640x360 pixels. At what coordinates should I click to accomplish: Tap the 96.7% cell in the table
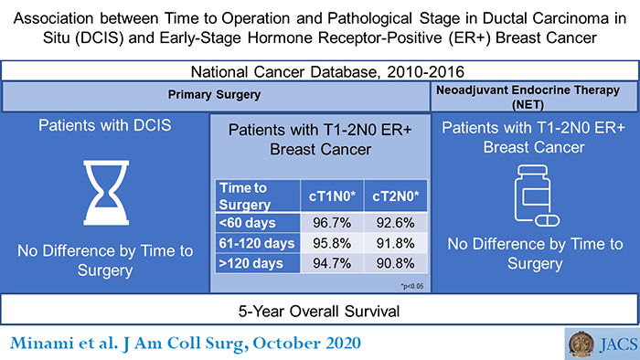point(327,223)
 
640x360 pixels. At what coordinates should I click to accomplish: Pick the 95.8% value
point(327,243)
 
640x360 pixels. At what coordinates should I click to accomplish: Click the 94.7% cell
point(327,263)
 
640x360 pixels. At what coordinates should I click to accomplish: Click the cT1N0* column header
point(327,196)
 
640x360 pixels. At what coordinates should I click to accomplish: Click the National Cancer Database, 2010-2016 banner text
point(320,71)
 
